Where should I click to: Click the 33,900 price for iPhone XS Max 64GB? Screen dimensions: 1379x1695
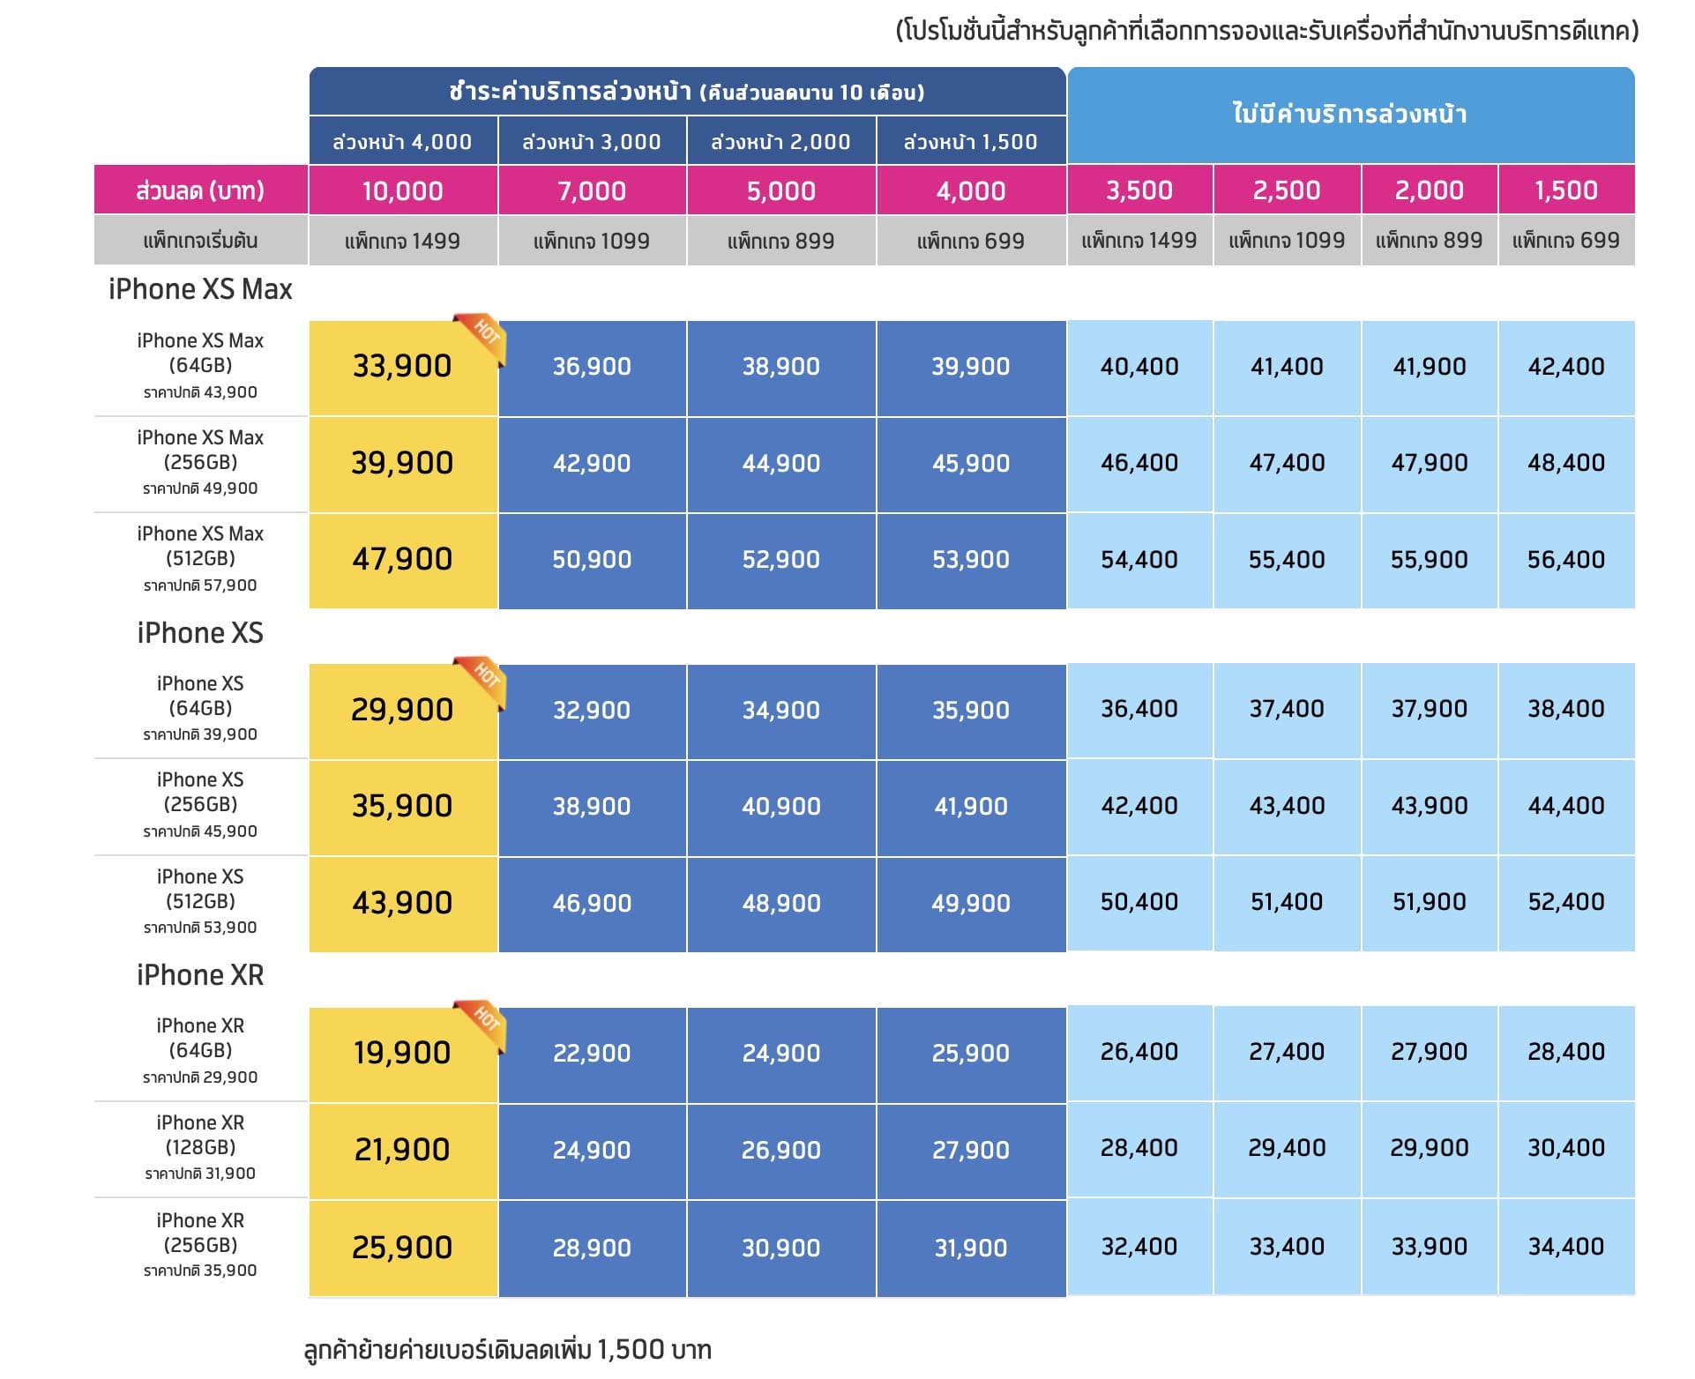402,366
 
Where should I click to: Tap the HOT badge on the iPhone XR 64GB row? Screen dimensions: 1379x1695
482,1024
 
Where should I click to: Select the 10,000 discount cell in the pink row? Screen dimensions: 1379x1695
402,190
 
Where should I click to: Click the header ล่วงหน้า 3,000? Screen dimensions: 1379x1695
591,142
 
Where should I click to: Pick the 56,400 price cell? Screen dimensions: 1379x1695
1565,559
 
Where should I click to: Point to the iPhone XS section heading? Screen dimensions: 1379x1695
200,633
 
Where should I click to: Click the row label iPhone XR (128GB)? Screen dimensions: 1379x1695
200,1135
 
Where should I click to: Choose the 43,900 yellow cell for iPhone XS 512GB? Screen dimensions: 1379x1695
402,903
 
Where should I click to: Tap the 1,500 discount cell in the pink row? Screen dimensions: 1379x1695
1565,190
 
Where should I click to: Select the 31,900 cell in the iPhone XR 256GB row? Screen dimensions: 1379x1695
970,1248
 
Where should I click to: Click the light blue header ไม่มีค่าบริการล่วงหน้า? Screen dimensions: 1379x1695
1349,115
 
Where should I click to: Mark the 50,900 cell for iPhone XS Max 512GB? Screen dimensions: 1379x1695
591,559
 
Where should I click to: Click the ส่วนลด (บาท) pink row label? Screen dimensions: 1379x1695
200,190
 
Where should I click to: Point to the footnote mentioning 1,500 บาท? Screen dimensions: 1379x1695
507,1349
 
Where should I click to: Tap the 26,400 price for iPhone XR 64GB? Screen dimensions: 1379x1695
1139,1051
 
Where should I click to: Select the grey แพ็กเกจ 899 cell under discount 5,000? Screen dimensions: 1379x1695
780,241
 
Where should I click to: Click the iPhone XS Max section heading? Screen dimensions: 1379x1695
200,289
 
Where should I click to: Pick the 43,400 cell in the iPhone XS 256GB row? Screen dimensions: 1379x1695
1287,805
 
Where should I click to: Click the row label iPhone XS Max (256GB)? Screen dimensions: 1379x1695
200,450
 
